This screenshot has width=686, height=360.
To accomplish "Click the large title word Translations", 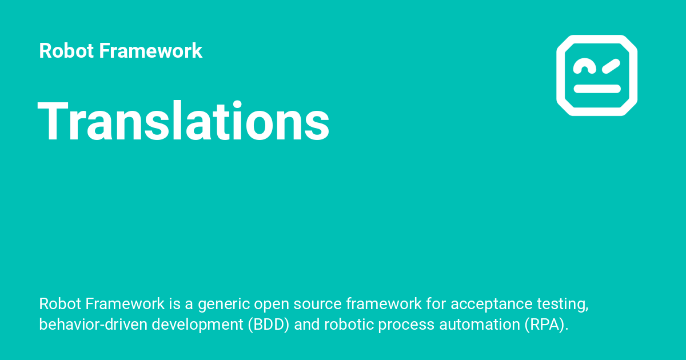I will [x=184, y=121].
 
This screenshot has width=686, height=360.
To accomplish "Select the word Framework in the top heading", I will [x=150, y=51].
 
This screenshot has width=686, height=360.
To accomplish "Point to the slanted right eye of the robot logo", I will [x=610, y=66].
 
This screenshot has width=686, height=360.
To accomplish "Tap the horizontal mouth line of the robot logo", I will [x=597, y=89].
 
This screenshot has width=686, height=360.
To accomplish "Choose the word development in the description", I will [x=194, y=325].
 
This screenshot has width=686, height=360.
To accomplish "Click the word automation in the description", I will [x=481, y=325].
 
